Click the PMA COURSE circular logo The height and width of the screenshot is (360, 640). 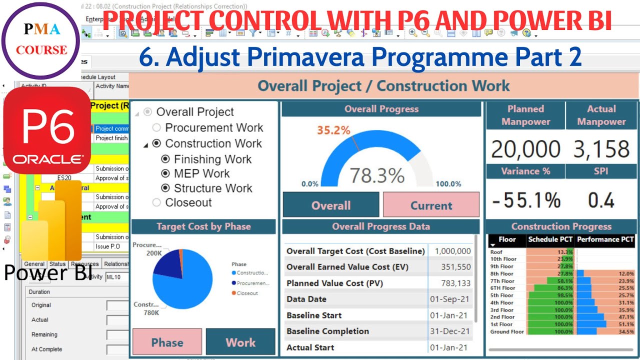(x=40, y=40)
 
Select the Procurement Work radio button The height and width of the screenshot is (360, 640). (x=156, y=127)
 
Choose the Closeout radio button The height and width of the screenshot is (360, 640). (x=156, y=202)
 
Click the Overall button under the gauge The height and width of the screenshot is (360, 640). (x=331, y=205)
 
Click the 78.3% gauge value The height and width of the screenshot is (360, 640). (x=376, y=175)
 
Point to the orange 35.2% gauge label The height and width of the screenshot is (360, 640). (x=333, y=130)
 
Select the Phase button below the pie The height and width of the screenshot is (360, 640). (x=167, y=342)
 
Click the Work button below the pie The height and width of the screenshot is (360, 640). (x=240, y=342)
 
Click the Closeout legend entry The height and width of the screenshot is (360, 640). (x=247, y=293)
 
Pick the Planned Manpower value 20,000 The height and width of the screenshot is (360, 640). (x=525, y=149)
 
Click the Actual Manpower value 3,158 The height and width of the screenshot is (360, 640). (x=601, y=149)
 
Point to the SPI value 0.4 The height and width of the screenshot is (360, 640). (x=601, y=200)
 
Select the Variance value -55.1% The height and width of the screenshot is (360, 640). (x=526, y=200)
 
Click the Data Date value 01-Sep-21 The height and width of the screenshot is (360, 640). (x=450, y=299)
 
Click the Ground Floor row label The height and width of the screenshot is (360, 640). (x=507, y=331)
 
